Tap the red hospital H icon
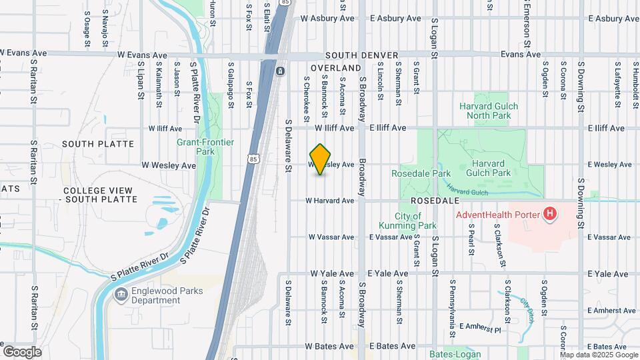(x=550, y=214)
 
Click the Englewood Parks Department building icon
(x=121, y=295)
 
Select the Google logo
(x=22, y=351)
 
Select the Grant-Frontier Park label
(x=199, y=147)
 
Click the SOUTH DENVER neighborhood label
(x=362, y=55)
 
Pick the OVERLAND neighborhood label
(x=335, y=68)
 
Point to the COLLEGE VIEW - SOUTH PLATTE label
(x=100, y=195)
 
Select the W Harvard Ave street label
(x=330, y=200)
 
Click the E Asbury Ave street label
(x=395, y=19)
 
